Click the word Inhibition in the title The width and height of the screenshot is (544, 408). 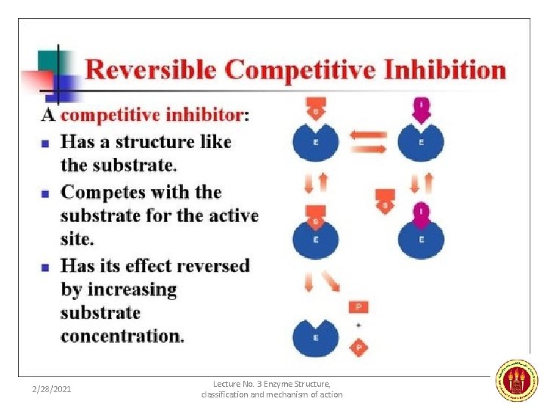point(445,70)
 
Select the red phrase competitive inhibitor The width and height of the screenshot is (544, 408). point(152,115)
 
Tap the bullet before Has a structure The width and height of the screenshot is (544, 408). point(45,142)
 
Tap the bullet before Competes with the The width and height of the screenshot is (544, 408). point(45,193)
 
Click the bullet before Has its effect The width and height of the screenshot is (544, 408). point(45,267)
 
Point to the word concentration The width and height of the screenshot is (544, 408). point(121,335)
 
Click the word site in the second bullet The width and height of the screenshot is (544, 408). point(76,240)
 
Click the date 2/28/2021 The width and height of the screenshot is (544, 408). point(51,389)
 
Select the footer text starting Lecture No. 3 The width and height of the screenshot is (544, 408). point(272,389)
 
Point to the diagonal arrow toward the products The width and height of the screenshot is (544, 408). point(332,282)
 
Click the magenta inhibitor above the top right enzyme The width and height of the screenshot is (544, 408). point(421,110)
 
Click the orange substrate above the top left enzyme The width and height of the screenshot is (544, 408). point(315,110)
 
